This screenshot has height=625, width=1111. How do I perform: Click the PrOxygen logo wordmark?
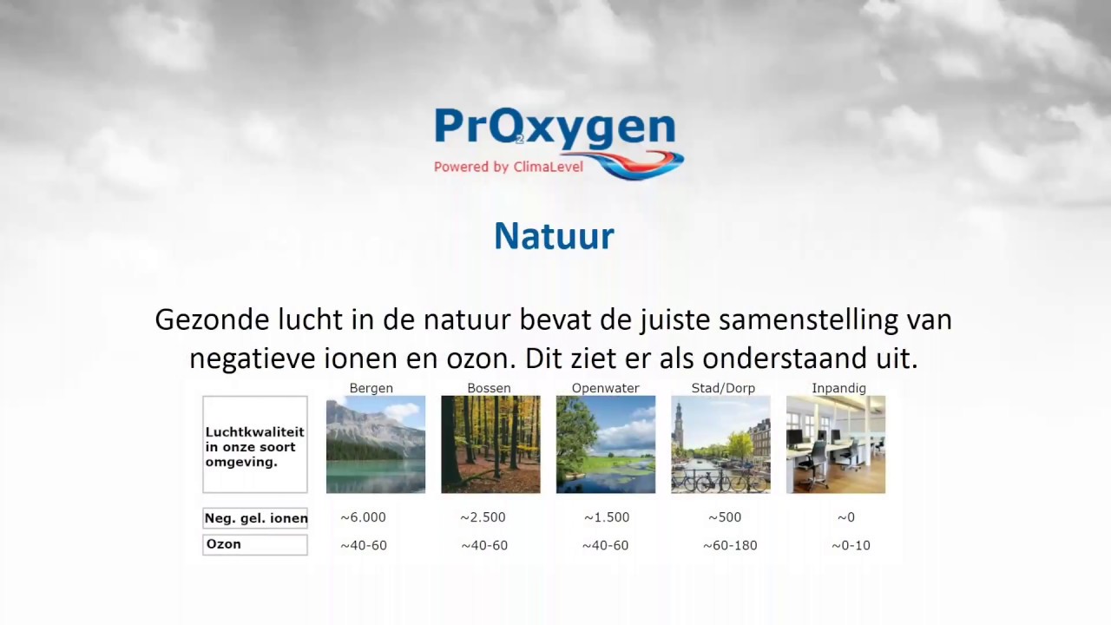pos(555,128)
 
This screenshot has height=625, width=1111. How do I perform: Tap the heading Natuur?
pos(554,236)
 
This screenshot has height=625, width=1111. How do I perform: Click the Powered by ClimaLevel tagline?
pos(509,167)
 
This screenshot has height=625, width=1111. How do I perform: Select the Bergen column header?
pos(371,388)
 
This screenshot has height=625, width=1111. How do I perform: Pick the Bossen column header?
pos(489,388)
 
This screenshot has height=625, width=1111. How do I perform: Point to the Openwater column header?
pos(606,388)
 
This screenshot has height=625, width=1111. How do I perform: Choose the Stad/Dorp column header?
pos(723,388)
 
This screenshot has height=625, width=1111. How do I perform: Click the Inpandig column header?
pos(838,388)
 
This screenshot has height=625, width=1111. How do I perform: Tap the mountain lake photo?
pos(376,444)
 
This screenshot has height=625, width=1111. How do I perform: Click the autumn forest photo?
pos(490,444)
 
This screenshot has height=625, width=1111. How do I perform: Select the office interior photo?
pos(836,444)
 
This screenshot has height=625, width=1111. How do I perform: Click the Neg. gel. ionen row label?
pos(255,518)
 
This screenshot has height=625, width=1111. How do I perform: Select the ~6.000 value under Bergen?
pos(363,517)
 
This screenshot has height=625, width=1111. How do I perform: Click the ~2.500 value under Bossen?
pos(483,517)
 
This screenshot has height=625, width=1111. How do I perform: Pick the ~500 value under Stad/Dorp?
pos(725,517)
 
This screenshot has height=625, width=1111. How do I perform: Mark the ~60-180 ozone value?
pos(730,545)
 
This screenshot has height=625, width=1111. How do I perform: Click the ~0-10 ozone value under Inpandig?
pos(851,545)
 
